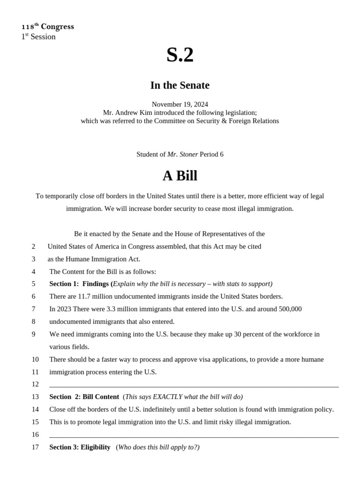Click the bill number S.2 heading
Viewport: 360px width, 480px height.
click(180, 55)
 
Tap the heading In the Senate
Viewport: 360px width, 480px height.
click(180, 85)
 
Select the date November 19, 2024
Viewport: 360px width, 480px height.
click(180, 104)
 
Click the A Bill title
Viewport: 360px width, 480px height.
click(180, 176)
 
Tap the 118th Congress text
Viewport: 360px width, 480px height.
click(47, 27)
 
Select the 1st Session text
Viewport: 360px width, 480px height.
click(38, 37)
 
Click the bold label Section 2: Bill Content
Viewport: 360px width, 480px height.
click(84, 397)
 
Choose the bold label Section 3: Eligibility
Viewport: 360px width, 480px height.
click(80, 447)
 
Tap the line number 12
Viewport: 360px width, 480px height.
click(35, 384)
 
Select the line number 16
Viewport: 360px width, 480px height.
click(35, 435)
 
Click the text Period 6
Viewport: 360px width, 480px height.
click(211, 154)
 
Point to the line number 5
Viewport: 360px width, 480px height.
click(33, 284)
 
